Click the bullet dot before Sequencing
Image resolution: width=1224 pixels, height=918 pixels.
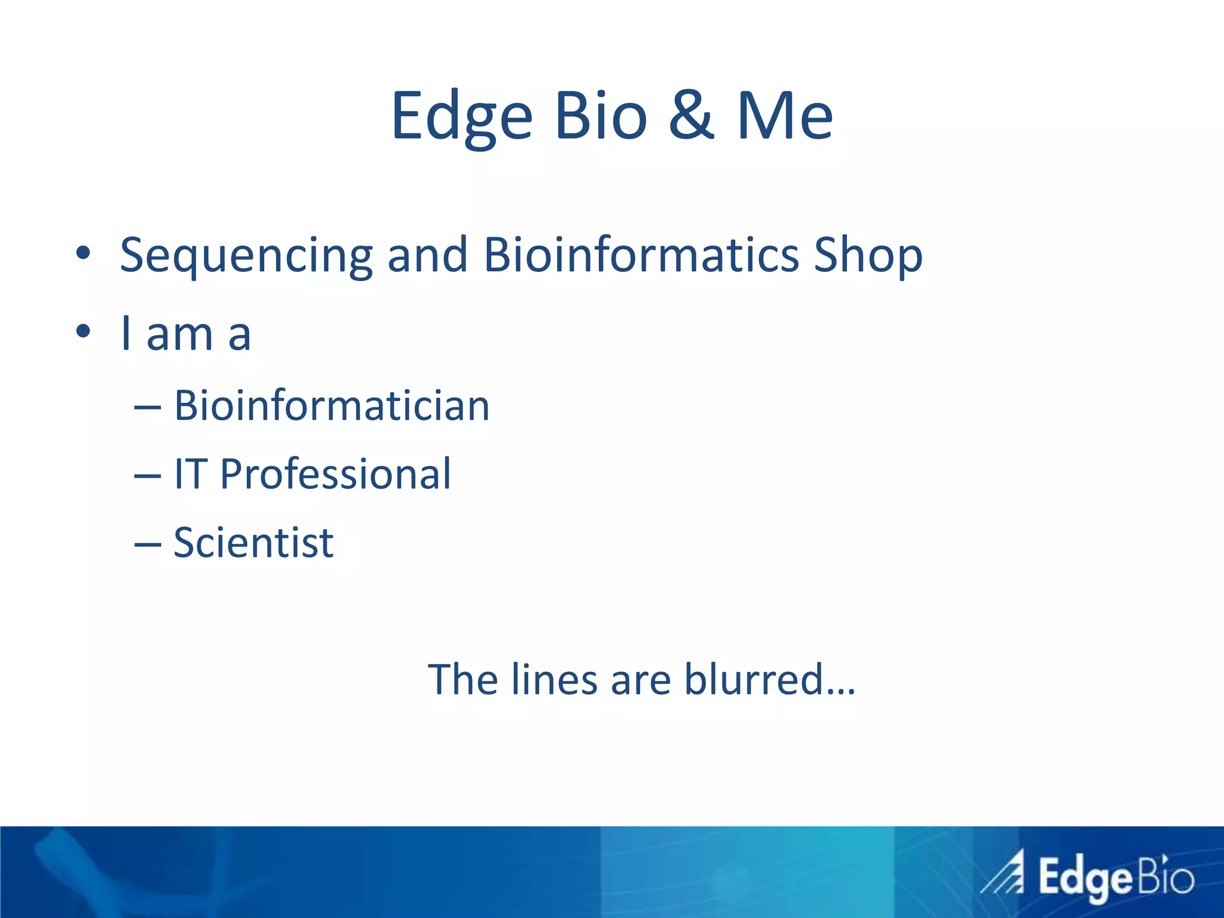point(82,253)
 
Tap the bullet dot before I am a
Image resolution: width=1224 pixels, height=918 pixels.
point(82,331)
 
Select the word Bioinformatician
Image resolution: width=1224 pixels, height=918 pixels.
point(332,406)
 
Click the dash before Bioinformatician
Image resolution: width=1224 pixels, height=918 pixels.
point(148,408)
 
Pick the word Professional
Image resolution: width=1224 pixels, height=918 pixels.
point(335,475)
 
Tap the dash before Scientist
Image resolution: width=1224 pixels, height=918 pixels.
point(148,544)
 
